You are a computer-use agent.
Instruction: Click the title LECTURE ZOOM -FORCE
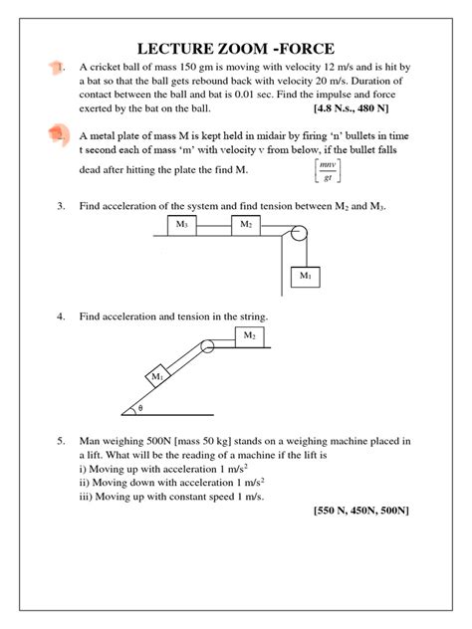coord(236,48)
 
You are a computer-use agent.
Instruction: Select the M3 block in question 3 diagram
coord(182,225)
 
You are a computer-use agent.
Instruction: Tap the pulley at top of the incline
coord(208,347)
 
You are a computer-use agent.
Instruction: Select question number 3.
coord(61,205)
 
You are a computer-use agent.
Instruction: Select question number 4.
coord(61,316)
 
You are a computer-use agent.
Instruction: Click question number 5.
coord(61,439)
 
